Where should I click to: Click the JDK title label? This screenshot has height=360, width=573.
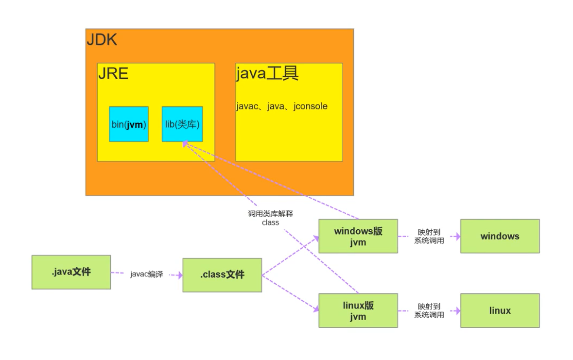tap(102, 39)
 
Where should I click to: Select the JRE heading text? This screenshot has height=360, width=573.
tap(113, 73)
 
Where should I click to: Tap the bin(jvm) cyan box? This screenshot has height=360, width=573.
tap(129, 124)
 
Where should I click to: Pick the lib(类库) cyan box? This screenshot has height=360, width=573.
tap(182, 124)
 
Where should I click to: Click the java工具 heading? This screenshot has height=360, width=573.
tap(267, 73)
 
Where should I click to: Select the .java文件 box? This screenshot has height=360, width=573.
tap(71, 272)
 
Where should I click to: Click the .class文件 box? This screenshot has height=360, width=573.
tap(222, 275)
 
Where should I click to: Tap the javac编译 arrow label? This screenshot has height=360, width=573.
tap(147, 274)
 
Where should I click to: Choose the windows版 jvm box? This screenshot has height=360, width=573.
tap(358, 236)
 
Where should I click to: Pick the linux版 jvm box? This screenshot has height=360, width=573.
tap(358, 310)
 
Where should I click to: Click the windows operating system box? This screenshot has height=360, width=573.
tap(500, 236)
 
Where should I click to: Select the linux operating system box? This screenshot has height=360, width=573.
tap(500, 310)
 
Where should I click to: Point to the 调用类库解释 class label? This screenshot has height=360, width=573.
tap(270, 218)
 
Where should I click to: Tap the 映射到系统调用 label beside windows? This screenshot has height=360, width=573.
tap(429, 236)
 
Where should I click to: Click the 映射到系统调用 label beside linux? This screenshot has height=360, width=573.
tap(429, 310)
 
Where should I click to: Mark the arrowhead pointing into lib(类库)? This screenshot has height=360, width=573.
tap(185, 144)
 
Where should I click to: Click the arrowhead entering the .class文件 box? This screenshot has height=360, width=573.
tap(179, 275)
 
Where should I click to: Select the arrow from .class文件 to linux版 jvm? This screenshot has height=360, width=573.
tap(290, 293)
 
